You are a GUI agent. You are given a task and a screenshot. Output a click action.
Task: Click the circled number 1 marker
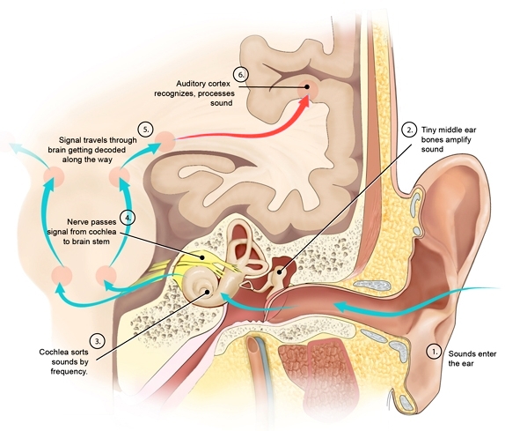click(x=433, y=350)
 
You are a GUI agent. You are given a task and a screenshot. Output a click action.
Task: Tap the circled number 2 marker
click(x=408, y=129)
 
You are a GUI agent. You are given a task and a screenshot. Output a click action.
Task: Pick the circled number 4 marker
click(x=128, y=216)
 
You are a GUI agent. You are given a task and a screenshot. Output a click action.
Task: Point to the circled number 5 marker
click(x=144, y=127)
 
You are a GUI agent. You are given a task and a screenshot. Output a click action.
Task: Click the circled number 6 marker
click(x=239, y=76)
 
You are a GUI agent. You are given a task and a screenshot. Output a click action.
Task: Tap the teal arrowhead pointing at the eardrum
click(x=227, y=301)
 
